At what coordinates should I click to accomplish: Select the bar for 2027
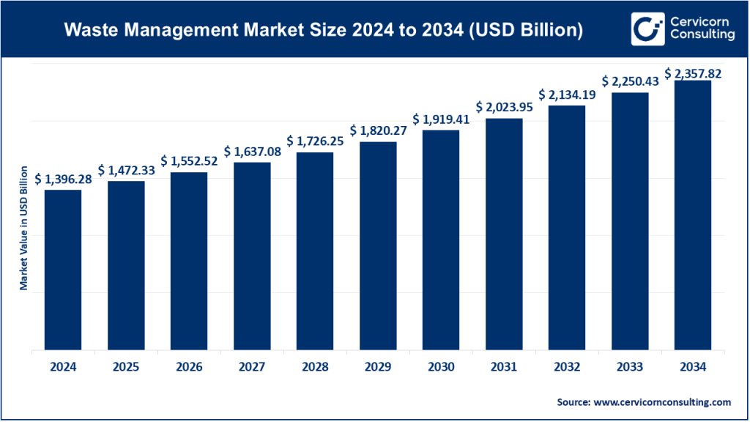click(x=252, y=256)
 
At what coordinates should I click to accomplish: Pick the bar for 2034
click(x=693, y=215)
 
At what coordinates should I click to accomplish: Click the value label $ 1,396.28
click(x=63, y=178)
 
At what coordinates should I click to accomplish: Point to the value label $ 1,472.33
click(x=126, y=169)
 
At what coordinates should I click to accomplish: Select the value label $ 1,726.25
click(x=315, y=140)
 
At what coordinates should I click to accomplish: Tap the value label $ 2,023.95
click(x=504, y=107)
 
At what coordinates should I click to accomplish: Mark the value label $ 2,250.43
click(x=630, y=81)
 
